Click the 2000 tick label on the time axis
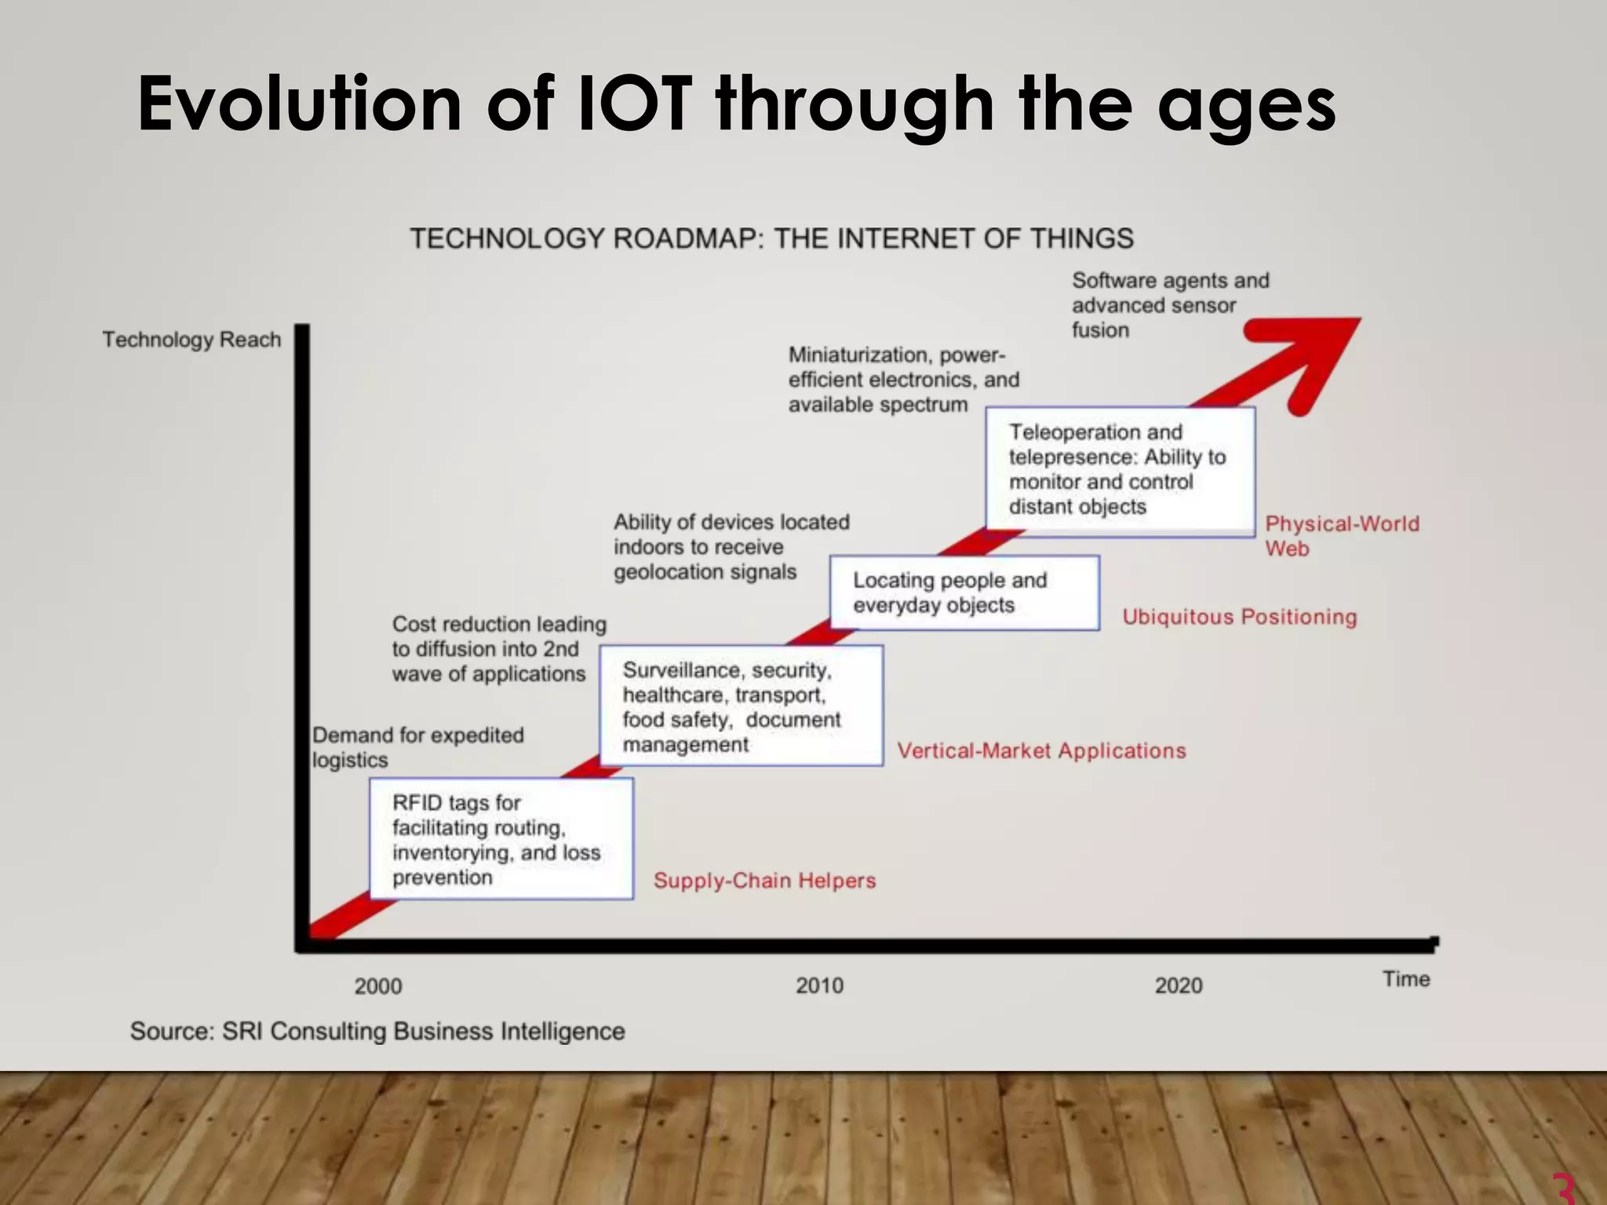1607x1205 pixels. pos(377,986)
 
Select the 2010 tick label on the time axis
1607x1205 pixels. pos(819,985)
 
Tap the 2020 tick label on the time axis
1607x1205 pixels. pos(1178,985)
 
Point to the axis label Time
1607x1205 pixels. pos(1405,979)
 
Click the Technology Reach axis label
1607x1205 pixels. pos(191,340)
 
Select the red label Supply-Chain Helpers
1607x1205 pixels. pos(764,880)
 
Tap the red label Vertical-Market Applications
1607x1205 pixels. pos(1040,751)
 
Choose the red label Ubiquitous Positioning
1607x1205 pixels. pos(1239,617)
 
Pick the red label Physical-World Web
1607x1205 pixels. pos(1341,536)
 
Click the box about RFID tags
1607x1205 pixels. pos(501,839)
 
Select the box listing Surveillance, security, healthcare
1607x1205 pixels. pos(741,706)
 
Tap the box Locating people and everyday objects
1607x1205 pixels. pos(964,592)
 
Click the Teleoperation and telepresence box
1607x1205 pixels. pos(1120,471)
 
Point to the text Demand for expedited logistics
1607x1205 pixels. pos(417,747)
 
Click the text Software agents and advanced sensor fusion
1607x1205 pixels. pos(1169,305)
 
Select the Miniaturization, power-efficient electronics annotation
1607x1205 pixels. pos(903,380)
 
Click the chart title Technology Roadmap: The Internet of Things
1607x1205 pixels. pos(771,238)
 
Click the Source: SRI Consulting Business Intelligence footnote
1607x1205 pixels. pos(377,1031)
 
